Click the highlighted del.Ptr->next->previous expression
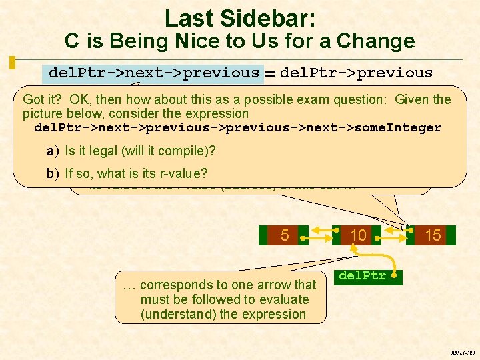click(153, 73)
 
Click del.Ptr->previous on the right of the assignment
click(356, 73)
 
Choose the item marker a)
click(53, 151)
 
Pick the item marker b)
click(53, 174)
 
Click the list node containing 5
click(285, 235)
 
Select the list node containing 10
click(359, 235)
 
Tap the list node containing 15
click(433, 235)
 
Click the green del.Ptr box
click(368, 275)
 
